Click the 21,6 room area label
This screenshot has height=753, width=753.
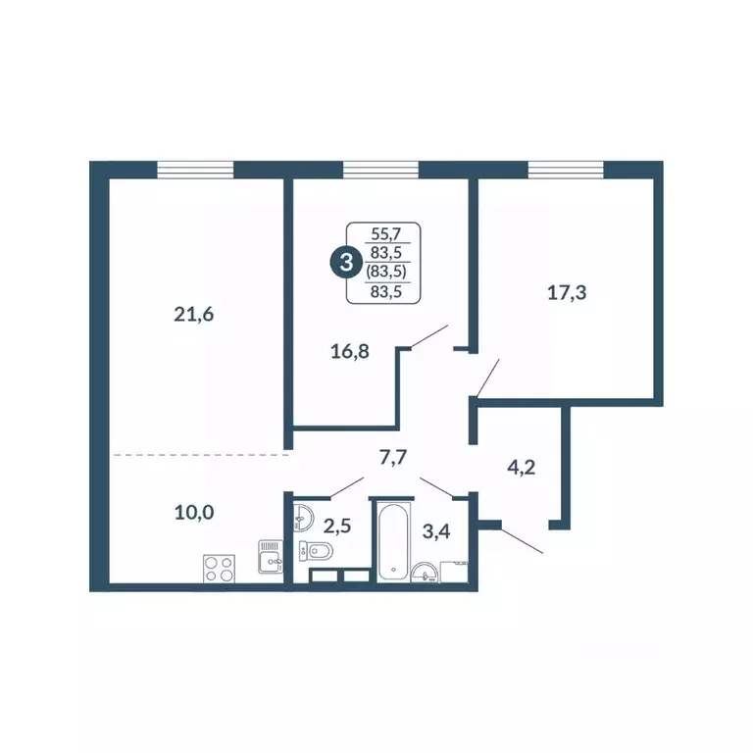click(193, 315)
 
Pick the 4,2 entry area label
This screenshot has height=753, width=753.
click(520, 468)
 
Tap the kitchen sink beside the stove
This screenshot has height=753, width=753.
click(270, 559)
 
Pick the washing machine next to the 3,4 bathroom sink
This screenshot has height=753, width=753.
click(458, 571)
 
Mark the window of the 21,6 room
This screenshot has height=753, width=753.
click(195, 170)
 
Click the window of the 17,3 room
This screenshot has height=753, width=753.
click(567, 170)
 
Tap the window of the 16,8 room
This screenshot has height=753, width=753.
click(381, 170)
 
